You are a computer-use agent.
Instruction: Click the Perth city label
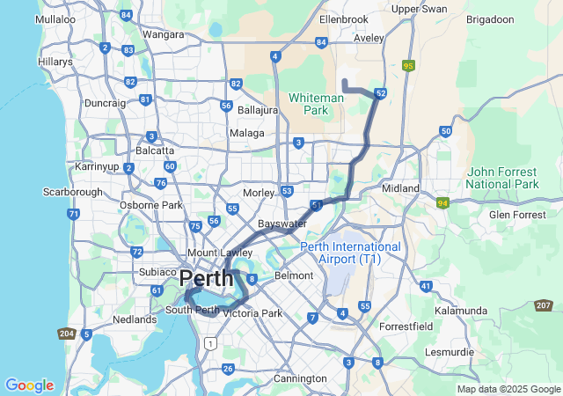click(x=207, y=280)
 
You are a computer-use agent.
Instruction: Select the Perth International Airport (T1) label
click(x=350, y=253)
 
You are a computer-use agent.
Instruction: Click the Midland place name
click(x=401, y=189)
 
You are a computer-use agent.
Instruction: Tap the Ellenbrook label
click(x=343, y=18)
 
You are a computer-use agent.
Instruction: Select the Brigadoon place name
click(x=490, y=18)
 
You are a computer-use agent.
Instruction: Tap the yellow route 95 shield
click(x=408, y=65)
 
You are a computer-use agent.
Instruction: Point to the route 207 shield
click(x=544, y=305)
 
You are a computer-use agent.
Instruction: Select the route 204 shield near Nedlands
click(x=66, y=334)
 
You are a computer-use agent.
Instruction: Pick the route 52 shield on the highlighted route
click(x=380, y=93)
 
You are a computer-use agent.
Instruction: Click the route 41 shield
click(x=426, y=286)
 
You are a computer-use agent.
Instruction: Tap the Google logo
click(x=29, y=385)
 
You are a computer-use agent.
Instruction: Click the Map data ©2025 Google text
click(x=508, y=389)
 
